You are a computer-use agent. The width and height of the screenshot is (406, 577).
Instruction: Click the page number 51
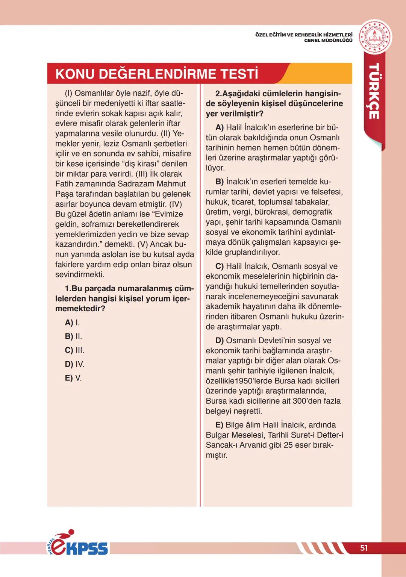pos(364,548)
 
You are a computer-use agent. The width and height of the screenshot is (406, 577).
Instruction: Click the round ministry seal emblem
pos(374,37)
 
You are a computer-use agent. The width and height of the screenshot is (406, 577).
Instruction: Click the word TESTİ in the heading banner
pos(239,74)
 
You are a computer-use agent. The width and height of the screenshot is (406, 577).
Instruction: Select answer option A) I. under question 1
pos(72,323)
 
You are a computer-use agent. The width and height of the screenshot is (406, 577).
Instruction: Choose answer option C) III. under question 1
pos(74,350)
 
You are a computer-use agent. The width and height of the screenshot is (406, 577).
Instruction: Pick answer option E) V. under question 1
pos(73,378)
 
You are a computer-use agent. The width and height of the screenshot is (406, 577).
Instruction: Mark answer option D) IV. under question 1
pos(74,364)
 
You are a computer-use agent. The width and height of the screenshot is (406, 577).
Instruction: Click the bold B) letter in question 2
pos(220,182)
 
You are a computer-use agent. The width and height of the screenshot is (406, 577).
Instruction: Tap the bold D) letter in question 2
pos(220,341)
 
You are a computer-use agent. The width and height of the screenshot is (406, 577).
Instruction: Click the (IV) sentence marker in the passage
pos(175,204)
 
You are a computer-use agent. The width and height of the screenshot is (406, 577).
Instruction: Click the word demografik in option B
pos(312,212)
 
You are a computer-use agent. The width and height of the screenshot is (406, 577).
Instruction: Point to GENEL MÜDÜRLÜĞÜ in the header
pos(328,40)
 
